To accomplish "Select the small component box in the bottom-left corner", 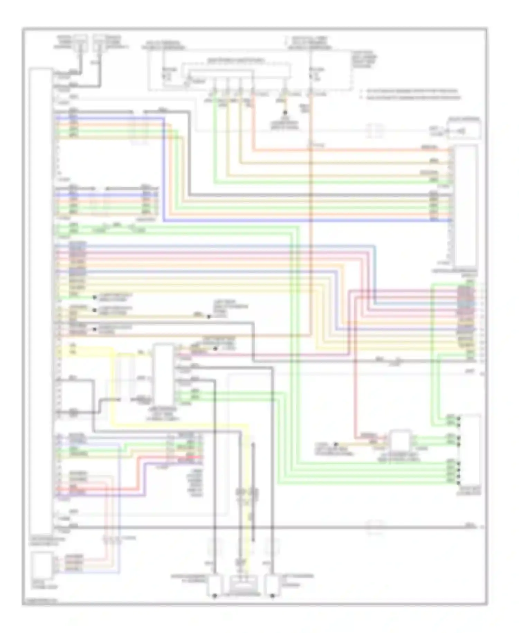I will click(x=42, y=565).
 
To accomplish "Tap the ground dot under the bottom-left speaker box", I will click(x=215, y=596).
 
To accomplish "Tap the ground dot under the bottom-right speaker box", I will click(x=272, y=596).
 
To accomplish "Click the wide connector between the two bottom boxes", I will click(x=244, y=585).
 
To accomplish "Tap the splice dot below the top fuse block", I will click(x=285, y=113).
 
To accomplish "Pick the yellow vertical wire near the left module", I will click(x=113, y=388).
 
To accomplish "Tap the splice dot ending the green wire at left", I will click(x=94, y=297).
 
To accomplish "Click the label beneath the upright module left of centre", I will click(x=164, y=414).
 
